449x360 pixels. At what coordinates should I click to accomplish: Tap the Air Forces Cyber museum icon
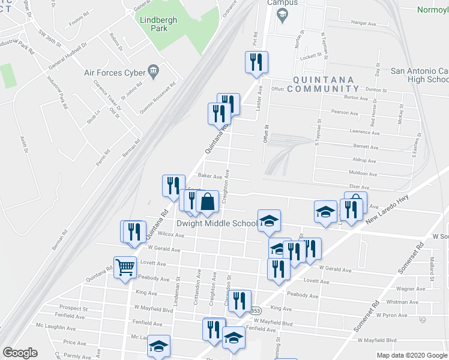tap(153, 72)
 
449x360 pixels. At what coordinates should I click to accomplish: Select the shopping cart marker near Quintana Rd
tap(125, 268)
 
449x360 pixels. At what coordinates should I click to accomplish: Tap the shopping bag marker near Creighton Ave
tap(206, 202)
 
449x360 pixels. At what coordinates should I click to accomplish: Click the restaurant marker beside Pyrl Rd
tap(256, 62)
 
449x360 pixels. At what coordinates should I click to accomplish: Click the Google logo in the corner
tap(20, 353)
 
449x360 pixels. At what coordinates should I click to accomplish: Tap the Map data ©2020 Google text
tap(411, 355)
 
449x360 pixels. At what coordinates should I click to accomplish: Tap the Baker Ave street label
tap(209, 176)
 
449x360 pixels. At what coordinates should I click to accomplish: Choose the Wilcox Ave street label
tap(171, 235)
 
